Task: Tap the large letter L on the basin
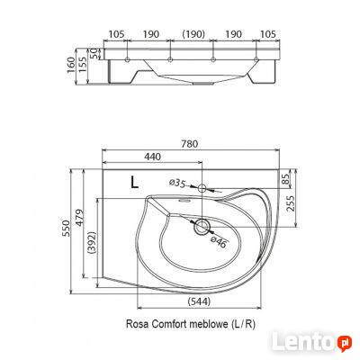134,181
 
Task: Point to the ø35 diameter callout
177,184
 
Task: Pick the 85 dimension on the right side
286,179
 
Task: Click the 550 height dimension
64,230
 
